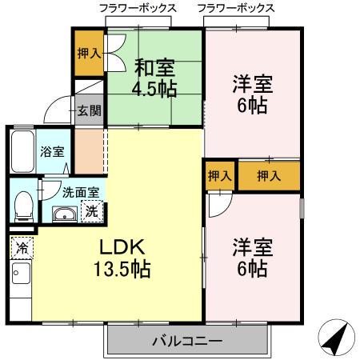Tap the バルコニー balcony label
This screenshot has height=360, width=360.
click(x=187, y=342)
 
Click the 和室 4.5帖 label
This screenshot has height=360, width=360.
click(x=155, y=78)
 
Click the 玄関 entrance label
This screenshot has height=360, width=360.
click(x=89, y=110)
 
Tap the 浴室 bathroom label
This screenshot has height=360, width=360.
click(x=52, y=151)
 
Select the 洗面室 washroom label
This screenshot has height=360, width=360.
click(x=81, y=192)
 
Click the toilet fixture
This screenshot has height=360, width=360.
click(x=24, y=206)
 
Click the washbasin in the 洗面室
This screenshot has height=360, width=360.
click(x=62, y=214)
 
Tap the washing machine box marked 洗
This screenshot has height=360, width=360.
click(x=93, y=212)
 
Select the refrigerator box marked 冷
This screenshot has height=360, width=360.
click(x=22, y=248)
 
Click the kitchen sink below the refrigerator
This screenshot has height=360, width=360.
click(x=21, y=279)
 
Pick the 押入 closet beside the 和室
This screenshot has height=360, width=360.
click(x=89, y=54)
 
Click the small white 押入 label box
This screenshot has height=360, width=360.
click(x=218, y=176)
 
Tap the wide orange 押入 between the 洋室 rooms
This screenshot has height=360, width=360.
click(x=268, y=176)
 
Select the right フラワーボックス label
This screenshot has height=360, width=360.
click(x=235, y=8)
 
